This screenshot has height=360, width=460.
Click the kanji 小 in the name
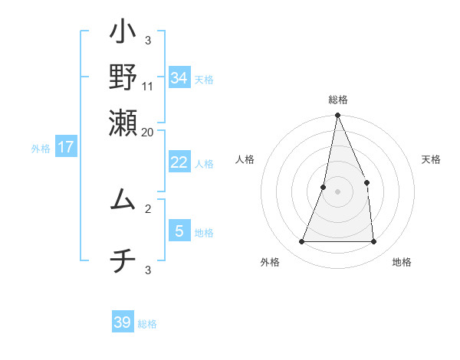pyautogui.click(x=123, y=35)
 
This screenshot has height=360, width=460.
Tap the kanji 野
pyautogui.click(x=123, y=77)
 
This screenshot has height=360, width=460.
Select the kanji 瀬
pyautogui.click(x=123, y=120)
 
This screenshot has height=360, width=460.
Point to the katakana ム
pyautogui.click(x=123, y=198)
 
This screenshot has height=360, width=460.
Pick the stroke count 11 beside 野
pyautogui.click(x=148, y=86)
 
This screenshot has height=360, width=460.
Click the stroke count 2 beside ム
pyautogui.click(x=148, y=208)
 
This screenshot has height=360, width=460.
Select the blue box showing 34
pyautogui.click(x=179, y=77)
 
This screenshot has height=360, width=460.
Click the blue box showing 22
pyautogui.click(x=179, y=162)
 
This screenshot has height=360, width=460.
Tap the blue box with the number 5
pyautogui.click(x=179, y=231)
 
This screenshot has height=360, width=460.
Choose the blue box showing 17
pyautogui.click(x=66, y=147)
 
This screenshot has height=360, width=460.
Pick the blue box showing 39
pyautogui.click(x=123, y=322)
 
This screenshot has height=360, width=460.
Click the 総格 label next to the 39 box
pyautogui.click(x=147, y=324)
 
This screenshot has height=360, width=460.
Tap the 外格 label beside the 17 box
pyautogui.click(x=41, y=149)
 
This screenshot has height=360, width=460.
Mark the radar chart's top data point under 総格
pyautogui.click(x=337, y=116)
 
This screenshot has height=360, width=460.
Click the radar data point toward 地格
pyautogui.click(x=373, y=241)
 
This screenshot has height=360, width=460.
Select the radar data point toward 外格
pyautogui.click(x=301, y=241)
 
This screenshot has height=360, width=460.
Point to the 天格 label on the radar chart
pyautogui.click(x=432, y=159)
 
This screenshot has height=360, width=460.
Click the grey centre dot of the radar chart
pyautogui.click(x=337, y=191)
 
